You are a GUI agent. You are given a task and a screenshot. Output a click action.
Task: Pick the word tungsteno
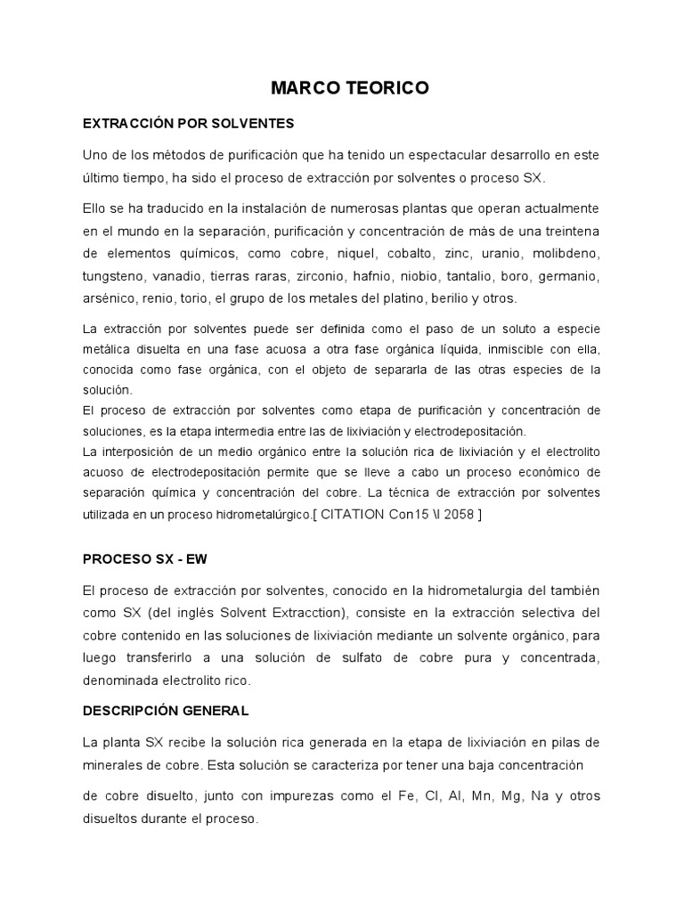point(113,275)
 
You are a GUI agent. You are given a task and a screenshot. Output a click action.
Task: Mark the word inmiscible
point(509,349)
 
